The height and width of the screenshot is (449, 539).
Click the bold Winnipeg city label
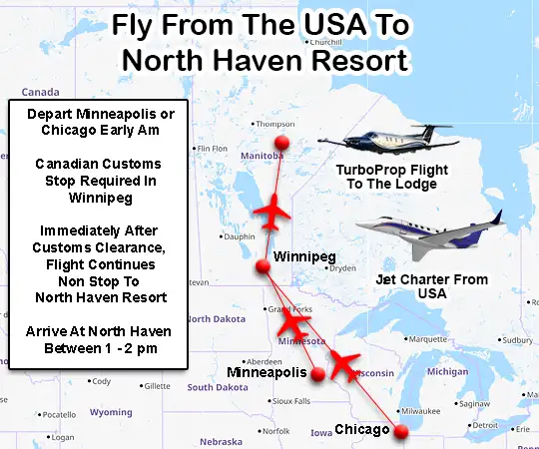click(x=303, y=256)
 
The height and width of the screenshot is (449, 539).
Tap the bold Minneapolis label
click(x=266, y=372)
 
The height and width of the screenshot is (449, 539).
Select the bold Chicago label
click(x=361, y=430)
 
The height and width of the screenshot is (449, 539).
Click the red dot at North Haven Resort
click(x=281, y=143)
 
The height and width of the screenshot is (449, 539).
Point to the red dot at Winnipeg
click(x=264, y=266)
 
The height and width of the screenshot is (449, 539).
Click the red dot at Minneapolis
click(x=318, y=375)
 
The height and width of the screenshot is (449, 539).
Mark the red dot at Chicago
click(x=401, y=432)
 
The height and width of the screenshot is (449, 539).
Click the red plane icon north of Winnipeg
click(x=272, y=213)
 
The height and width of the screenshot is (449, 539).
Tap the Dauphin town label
click(x=240, y=236)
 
